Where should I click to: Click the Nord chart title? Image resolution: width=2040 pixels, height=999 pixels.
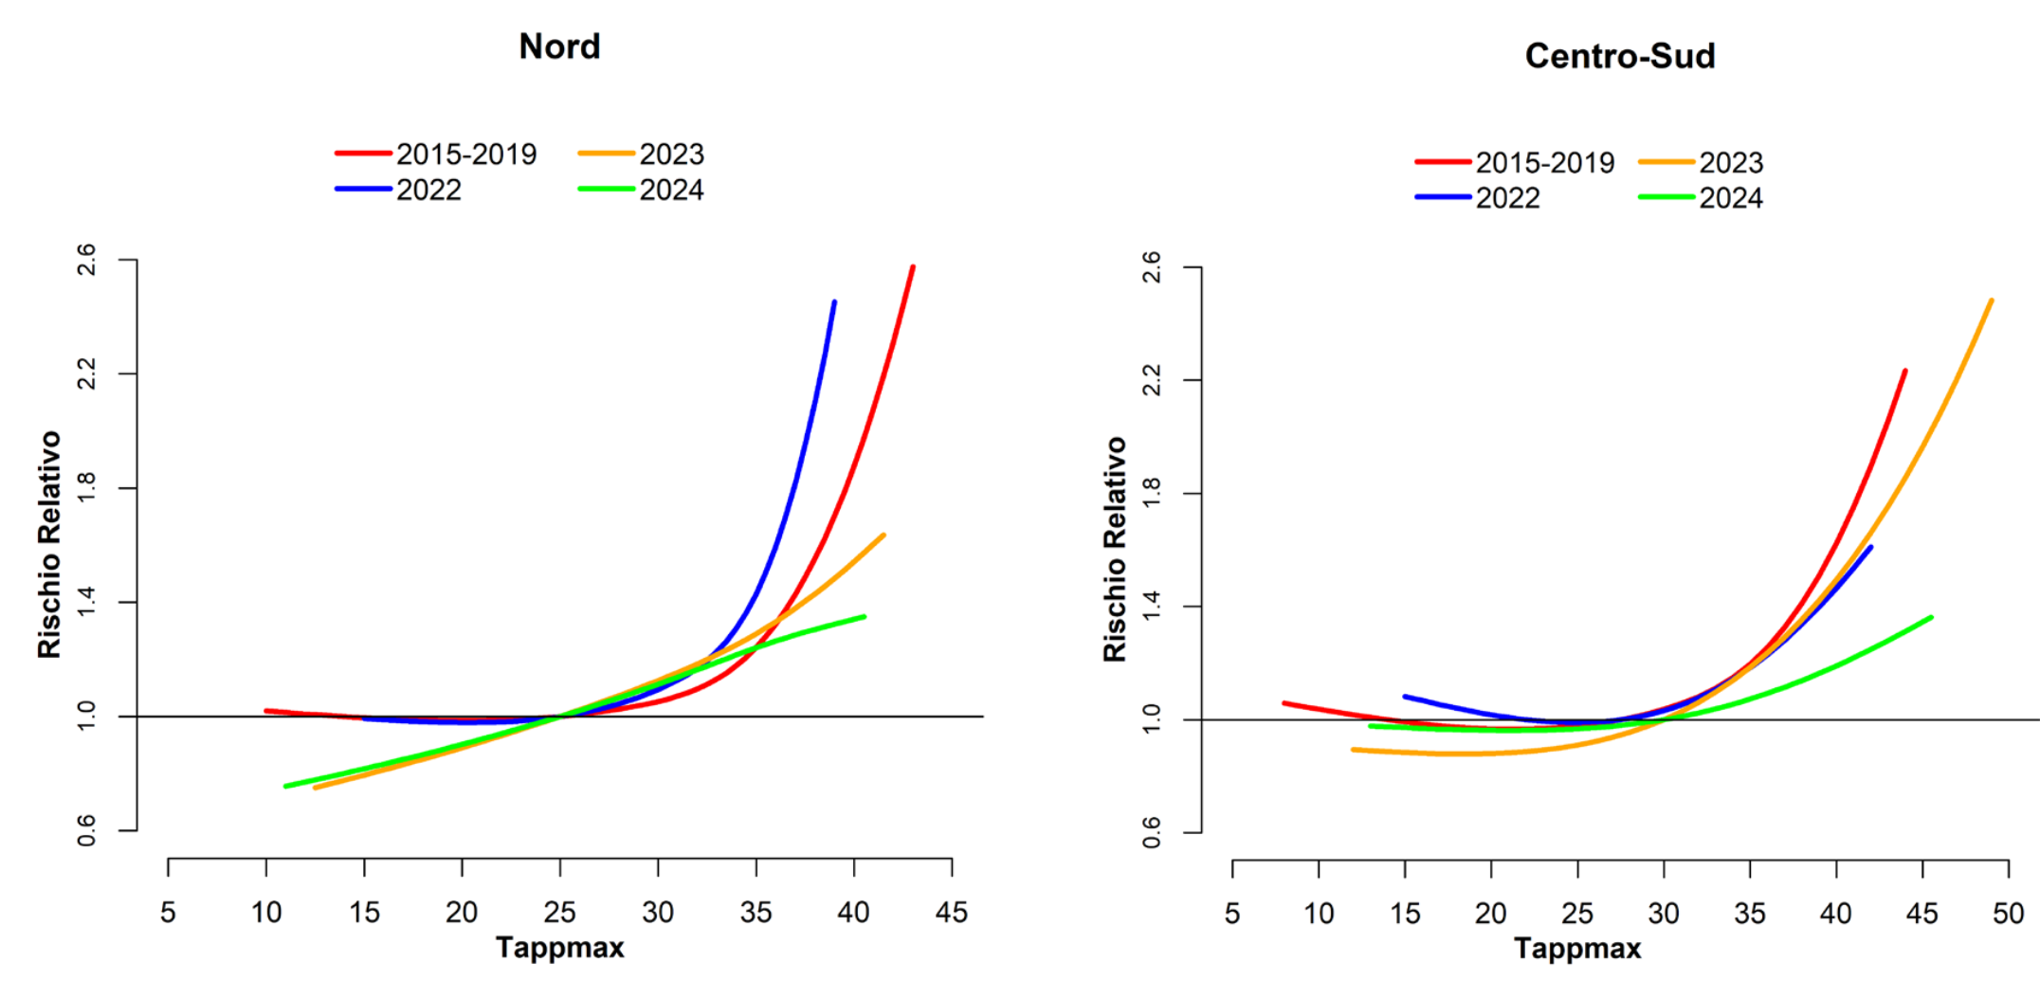pyautogui.click(x=559, y=46)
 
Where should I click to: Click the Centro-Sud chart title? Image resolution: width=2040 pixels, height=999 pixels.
pyautogui.click(x=1619, y=56)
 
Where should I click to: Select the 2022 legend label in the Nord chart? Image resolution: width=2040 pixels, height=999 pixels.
pyautogui.click(x=428, y=190)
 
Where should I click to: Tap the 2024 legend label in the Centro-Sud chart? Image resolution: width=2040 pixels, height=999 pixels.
pyautogui.click(x=1730, y=198)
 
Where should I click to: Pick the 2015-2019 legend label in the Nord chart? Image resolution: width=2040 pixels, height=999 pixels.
pyautogui.click(x=466, y=154)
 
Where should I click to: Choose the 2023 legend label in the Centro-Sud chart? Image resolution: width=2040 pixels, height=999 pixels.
pyautogui.click(x=1730, y=163)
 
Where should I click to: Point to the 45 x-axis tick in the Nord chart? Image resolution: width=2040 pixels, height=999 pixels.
pyautogui.click(x=951, y=912)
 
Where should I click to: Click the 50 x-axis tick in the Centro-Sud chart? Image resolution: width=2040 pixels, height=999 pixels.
pyautogui.click(x=2008, y=913)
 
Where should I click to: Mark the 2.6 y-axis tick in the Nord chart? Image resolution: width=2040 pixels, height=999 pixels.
pyautogui.click(x=87, y=260)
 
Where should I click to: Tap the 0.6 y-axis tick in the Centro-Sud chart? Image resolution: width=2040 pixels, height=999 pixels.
pyautogui.click(x=1152, y=832)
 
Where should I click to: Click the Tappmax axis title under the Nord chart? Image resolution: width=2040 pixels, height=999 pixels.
pyautogui.click(x=559, y=948)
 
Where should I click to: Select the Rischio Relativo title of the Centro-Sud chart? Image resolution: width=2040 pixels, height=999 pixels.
pyautogui.click(x=1116, y=550)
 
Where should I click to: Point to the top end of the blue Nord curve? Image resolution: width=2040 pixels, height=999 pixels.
pyautogui.click(x=834, y=302)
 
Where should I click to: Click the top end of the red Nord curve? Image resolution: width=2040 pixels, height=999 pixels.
pyautogui.click(x=913, y=267)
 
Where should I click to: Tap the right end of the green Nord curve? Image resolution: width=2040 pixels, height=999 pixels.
pyautogui.click(x=864, y=617)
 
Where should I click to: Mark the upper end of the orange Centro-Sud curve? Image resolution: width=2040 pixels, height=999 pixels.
pyautogui.click(x=1991, y=301)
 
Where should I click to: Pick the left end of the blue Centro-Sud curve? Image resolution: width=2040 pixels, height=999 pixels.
pyautogui.click(x=1405, y=697)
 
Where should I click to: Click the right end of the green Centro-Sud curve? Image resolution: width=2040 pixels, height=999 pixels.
pyautogui.click(x=1931, y=618)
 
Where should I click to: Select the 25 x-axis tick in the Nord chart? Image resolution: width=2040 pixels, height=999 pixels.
pyautogui.click(x=559, y=912)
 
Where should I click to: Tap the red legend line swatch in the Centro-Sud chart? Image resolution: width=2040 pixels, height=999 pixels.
pyautogui.click(x=1443, y=162)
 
